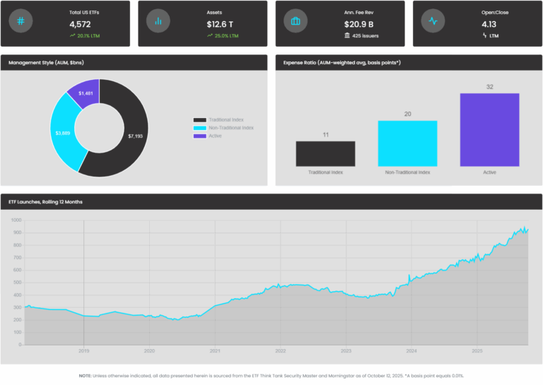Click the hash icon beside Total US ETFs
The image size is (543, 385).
pos(21,21)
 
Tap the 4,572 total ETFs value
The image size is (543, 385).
pos(81,24)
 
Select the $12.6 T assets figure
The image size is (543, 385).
pos(221,24)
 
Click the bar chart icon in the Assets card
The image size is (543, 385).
pos(158,21)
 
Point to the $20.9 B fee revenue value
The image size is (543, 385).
pos(358,24)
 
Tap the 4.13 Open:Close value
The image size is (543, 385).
pos(489,24)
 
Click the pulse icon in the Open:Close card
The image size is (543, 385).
pos(433,21)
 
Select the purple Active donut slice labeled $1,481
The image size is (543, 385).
pos(86,93)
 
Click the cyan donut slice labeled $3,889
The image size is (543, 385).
pos(63,132)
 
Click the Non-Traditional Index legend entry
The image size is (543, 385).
pos(223,128)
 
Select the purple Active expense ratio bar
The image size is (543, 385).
pos(489,130)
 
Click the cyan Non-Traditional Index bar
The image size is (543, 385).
pos(407,143)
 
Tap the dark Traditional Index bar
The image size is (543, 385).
pos(325,153)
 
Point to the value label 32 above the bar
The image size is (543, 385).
pos(489,87)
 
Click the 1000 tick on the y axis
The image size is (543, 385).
pos(16,220)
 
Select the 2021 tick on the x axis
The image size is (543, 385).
pos(215,351)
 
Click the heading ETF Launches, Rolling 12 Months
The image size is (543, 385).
pos(45,202)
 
